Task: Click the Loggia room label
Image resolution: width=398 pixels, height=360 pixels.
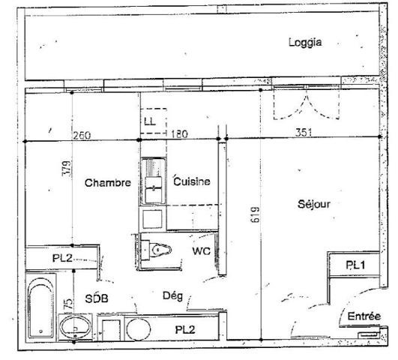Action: click(305, 43)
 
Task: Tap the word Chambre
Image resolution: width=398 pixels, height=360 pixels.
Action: click(108, 182)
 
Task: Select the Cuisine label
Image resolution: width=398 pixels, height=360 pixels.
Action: click(191, 181)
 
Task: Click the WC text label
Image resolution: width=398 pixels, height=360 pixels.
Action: click(201, 250)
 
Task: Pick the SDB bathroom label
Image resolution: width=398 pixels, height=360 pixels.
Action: click(97, 298)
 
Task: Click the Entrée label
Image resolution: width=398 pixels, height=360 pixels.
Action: click(364, 317)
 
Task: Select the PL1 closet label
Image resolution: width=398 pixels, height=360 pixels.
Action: click(355, 265)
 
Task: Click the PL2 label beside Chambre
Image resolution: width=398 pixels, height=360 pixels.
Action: click(62, 257)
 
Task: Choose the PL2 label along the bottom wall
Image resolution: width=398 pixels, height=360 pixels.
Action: click(186, 329)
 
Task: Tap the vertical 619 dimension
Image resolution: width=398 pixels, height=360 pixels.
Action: click(254, 220)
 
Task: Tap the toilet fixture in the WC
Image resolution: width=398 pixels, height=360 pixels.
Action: click(159, 250)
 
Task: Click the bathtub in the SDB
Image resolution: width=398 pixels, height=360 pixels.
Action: click(40, 307)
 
